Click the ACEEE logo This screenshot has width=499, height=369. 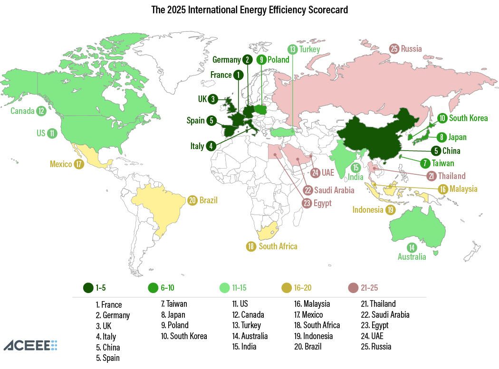(30, 345)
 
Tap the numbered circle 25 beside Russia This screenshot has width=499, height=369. (394, 48)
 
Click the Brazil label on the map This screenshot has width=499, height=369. (209, 200)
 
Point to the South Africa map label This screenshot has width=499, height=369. (278, 246)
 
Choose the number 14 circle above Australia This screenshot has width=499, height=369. (412, 247)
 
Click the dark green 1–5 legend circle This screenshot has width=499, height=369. (87, 288)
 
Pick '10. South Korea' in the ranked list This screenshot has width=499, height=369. (184, 336)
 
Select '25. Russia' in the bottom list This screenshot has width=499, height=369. (376, 346)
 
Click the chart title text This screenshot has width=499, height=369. (249, 10)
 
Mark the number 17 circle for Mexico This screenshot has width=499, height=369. (79, 164)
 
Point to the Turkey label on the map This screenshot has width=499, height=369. (309, 49)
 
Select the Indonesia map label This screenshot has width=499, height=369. (367, 209)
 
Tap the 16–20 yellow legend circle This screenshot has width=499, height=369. (287, 288)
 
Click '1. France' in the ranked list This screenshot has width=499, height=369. (109, 305)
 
